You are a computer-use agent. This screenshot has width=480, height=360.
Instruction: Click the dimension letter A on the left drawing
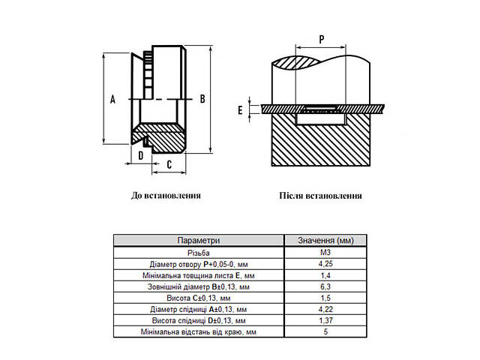pyautogui.click(x=113, y=99)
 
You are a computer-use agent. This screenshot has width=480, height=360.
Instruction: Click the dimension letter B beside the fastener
pyautogui.click(x=202, y=99)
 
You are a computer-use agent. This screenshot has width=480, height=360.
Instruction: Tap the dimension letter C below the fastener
pyautogui.click(x=169, y=165)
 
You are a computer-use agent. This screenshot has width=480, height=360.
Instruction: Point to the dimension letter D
pyautogui.click(x=141, y=155)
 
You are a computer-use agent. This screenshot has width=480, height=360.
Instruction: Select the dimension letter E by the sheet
pyautogui.click(x=240, y=110)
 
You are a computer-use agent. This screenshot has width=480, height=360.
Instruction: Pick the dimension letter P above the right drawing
pyautogui.click(x=322, y=40)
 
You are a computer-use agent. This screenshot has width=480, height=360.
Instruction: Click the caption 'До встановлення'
pyautogui.click(x=166, y=195)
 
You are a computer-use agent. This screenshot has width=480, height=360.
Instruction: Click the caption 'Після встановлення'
pyautogui.click(x=320, y=196)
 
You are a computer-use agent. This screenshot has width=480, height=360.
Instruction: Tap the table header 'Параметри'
pyautogui.click(x=199, y=240)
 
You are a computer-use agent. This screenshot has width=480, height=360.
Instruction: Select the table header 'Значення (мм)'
pyautogui.click(x=325, y=240)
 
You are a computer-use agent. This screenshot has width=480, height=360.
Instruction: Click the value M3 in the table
pyautogui.click(x=325, y=252)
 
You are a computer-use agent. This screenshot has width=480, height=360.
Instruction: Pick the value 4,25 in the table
pyautogui.click(x=325, y=263)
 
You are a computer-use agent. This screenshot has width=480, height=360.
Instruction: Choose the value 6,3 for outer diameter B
pyautogui.click(x=325, y=286)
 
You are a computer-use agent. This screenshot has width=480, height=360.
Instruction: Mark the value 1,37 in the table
pyautogui.click(x=325, y=320)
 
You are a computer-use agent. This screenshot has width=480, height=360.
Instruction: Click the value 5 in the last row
pyautogui.click(x=325, y=331)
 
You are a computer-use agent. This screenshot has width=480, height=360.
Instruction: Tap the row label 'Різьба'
pyautogui.click(x=199, y=253)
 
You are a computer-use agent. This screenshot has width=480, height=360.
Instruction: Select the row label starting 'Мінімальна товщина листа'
pyautogui.click(x=199, y=275)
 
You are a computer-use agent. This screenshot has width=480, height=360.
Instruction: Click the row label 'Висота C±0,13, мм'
pyautogui.click(x=199, y=298)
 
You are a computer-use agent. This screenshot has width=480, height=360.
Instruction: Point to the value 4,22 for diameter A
pyautogui.click(x=325, y=309)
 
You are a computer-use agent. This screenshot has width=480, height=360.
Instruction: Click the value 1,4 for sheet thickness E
pyautogui.click(x=325, y=275)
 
